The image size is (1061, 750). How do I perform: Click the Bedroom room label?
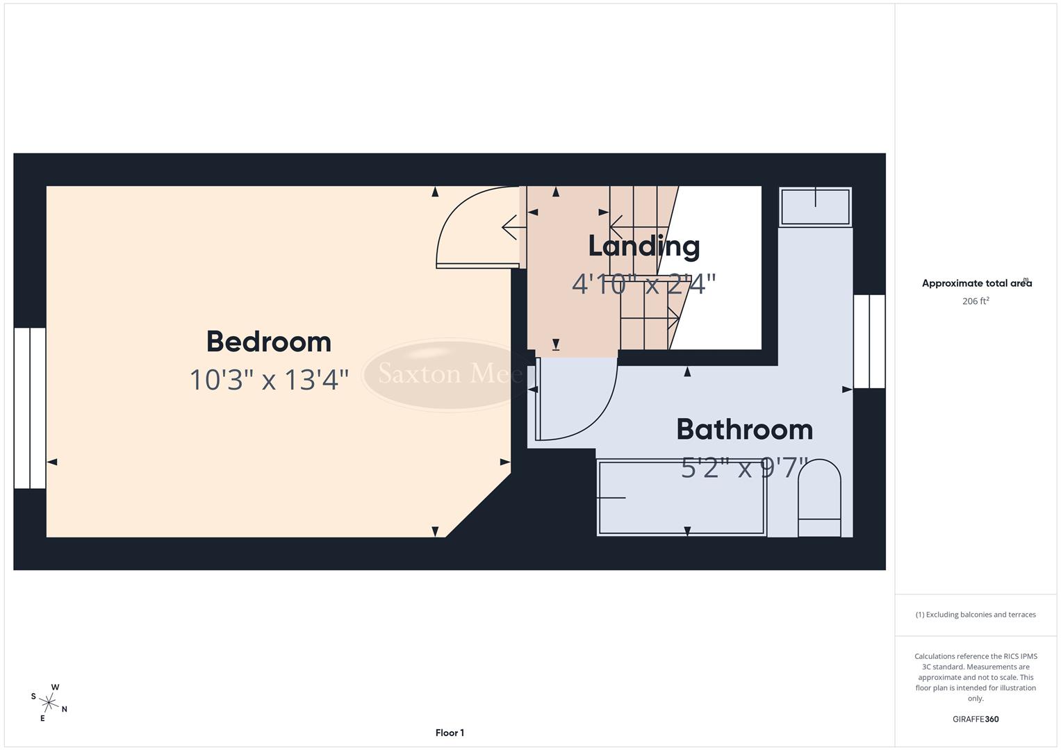point(269,342)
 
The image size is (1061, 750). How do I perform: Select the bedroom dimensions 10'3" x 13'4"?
point(269,380)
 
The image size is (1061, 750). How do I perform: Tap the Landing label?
point(643,246)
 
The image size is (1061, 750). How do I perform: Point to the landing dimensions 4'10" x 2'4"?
point(643,284)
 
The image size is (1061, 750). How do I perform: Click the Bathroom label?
point(744,430)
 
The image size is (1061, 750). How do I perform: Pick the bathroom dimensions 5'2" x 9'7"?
point(744,468)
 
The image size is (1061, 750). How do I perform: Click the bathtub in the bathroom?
point(681,498)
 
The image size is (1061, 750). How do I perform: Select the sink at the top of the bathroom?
point(815,207)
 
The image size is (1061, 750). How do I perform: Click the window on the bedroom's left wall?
point(30,408)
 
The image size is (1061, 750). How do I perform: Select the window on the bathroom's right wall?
point(869,342)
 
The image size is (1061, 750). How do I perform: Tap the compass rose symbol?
point(49,702)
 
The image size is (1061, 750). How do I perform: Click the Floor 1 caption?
point(450,733)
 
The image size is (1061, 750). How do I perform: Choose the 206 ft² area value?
point(976,301)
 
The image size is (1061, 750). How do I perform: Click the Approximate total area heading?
point(976,283)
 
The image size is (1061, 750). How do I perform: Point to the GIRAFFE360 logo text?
point(976,719)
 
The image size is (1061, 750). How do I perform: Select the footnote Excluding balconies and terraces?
point(976,615)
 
